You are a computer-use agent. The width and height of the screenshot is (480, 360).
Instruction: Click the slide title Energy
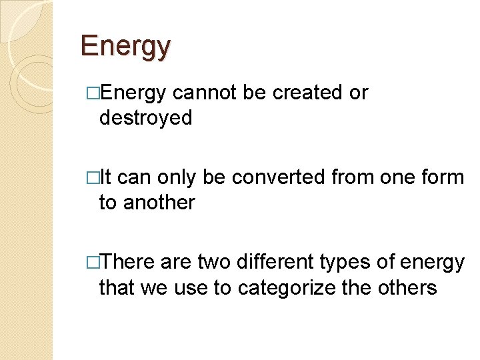coord(125,46)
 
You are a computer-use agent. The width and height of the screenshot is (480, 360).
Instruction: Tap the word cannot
coord(204,93)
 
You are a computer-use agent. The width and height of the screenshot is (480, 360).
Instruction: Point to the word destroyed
coord(145,118)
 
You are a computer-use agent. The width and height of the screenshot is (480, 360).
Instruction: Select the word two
coord(213,262)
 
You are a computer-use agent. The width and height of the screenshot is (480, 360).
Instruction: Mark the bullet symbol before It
coord(93,177)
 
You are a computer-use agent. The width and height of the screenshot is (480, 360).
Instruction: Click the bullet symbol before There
coord(93,262)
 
